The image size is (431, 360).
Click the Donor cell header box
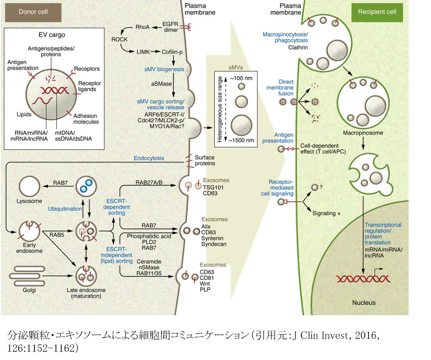point(33,12)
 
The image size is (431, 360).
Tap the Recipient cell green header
point(377,12)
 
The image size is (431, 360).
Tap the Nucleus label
point(364,303)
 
